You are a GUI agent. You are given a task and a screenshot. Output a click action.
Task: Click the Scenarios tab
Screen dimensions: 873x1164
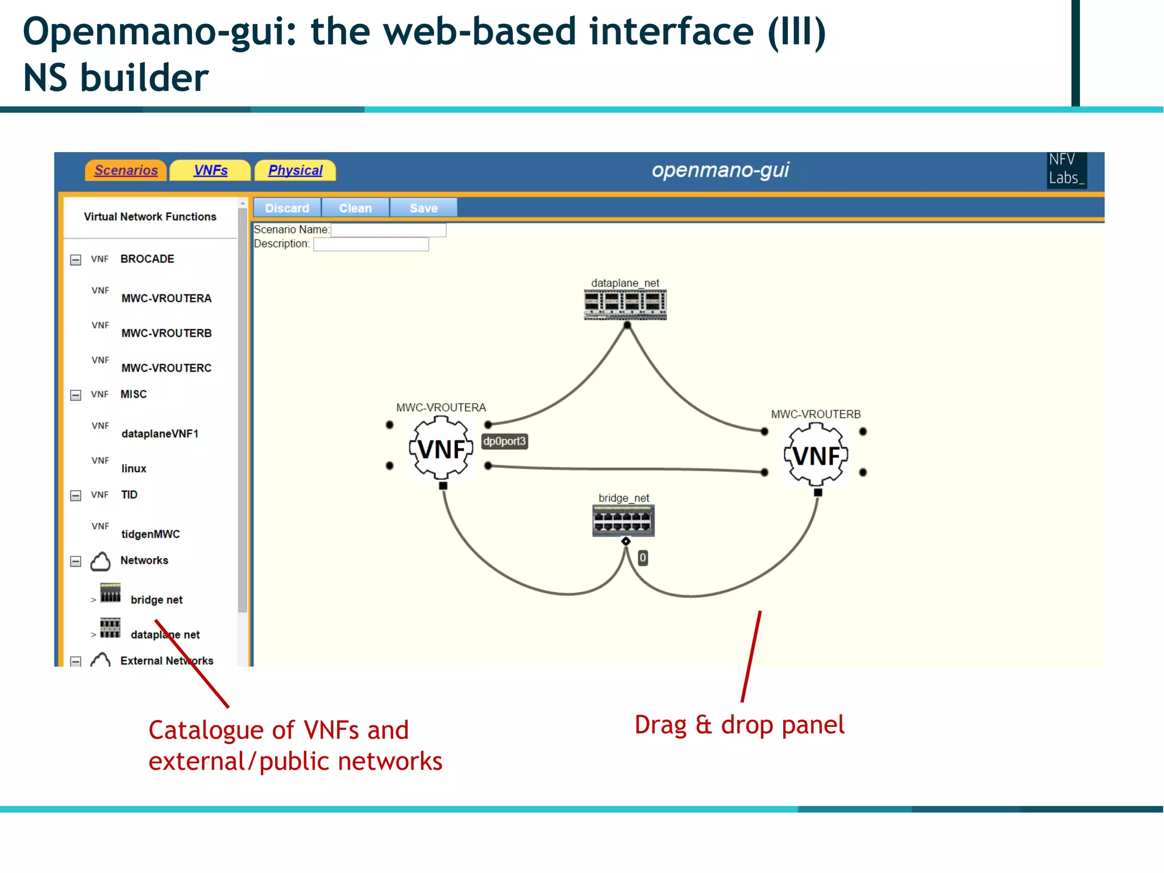126,171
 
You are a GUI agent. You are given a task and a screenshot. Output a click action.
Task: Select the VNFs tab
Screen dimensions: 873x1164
210,171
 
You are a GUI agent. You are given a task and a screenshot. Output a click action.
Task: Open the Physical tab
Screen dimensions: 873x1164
295,171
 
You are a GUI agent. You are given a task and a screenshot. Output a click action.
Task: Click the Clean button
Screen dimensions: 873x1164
355,208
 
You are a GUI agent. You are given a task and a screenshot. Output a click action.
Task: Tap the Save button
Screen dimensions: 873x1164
423,208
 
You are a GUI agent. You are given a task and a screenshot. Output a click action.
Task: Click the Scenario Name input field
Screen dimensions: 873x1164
388,230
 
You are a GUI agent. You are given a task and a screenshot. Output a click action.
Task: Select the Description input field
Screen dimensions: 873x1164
371,244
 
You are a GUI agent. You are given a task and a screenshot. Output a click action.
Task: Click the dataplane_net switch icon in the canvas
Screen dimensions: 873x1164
625,305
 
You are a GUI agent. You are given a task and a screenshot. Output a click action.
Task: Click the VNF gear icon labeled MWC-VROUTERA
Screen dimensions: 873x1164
441,449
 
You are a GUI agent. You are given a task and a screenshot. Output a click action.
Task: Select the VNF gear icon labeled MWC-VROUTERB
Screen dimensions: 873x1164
816,456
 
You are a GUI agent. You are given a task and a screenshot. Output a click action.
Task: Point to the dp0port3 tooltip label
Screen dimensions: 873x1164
505,441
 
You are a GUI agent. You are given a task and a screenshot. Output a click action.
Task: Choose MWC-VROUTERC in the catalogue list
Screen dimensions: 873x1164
166,368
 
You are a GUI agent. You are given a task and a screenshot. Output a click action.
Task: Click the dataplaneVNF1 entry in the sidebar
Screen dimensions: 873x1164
160,434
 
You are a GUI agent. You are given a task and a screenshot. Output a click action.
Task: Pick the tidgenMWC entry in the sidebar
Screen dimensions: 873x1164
150,534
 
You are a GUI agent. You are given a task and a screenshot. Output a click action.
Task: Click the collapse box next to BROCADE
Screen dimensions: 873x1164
76,260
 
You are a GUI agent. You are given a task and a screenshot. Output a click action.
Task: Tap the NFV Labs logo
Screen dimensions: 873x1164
1066,169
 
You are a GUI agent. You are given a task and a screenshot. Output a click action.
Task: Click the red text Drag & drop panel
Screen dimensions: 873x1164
739,725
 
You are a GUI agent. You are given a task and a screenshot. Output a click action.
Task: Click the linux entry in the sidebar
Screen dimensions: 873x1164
134,468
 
